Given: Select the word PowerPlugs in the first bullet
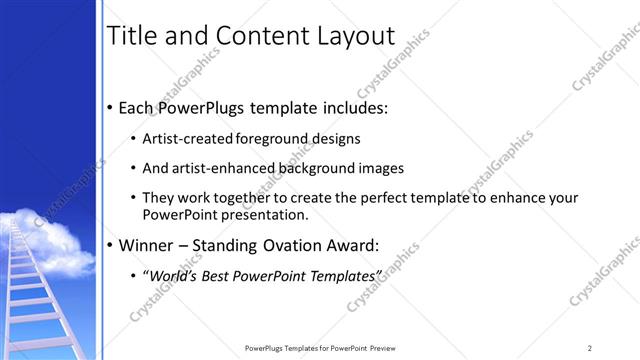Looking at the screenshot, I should (x=206, y=107).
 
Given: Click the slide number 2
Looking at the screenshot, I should (x=590, y=347).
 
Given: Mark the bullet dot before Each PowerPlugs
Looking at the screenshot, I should (x=109, y=108).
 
